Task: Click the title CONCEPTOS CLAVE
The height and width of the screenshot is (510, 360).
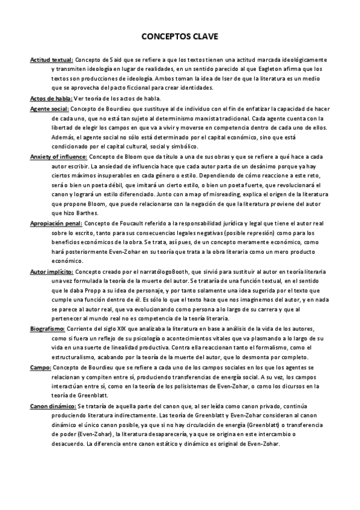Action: [180, 37]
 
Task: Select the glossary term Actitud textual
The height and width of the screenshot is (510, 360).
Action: [52, 60]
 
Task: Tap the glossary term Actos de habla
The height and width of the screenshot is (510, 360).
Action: [50, 99]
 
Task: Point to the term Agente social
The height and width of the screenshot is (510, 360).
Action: [49, 109]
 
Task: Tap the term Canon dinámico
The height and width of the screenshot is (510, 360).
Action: [51, 407]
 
